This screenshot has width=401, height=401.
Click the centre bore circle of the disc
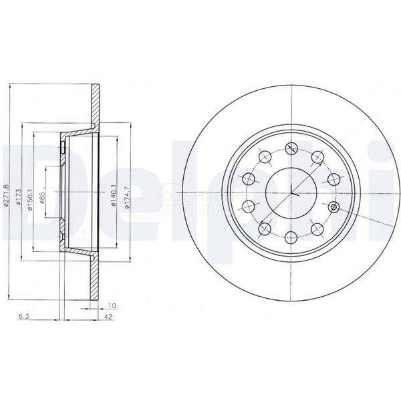(x=291, y=192)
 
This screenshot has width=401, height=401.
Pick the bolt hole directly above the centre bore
(x=291, y=148)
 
